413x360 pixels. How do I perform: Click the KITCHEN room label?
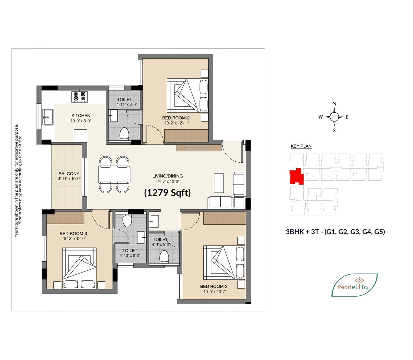81,116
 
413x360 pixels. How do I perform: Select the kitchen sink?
48,117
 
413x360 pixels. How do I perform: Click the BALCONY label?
69,174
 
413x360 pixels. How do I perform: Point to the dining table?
114,174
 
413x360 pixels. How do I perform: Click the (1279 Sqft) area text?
167,193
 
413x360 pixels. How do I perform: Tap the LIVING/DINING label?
168,176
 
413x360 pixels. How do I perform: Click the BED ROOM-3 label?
73,233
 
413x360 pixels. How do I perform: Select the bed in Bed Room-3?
79,268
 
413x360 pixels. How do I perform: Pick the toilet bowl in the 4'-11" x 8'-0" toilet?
124,133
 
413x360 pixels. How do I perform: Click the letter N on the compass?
334,104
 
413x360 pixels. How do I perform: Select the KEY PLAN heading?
301,146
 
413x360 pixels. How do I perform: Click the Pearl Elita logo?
354,285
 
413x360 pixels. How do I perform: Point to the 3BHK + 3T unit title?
335,232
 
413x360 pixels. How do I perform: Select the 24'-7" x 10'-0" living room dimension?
168,181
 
